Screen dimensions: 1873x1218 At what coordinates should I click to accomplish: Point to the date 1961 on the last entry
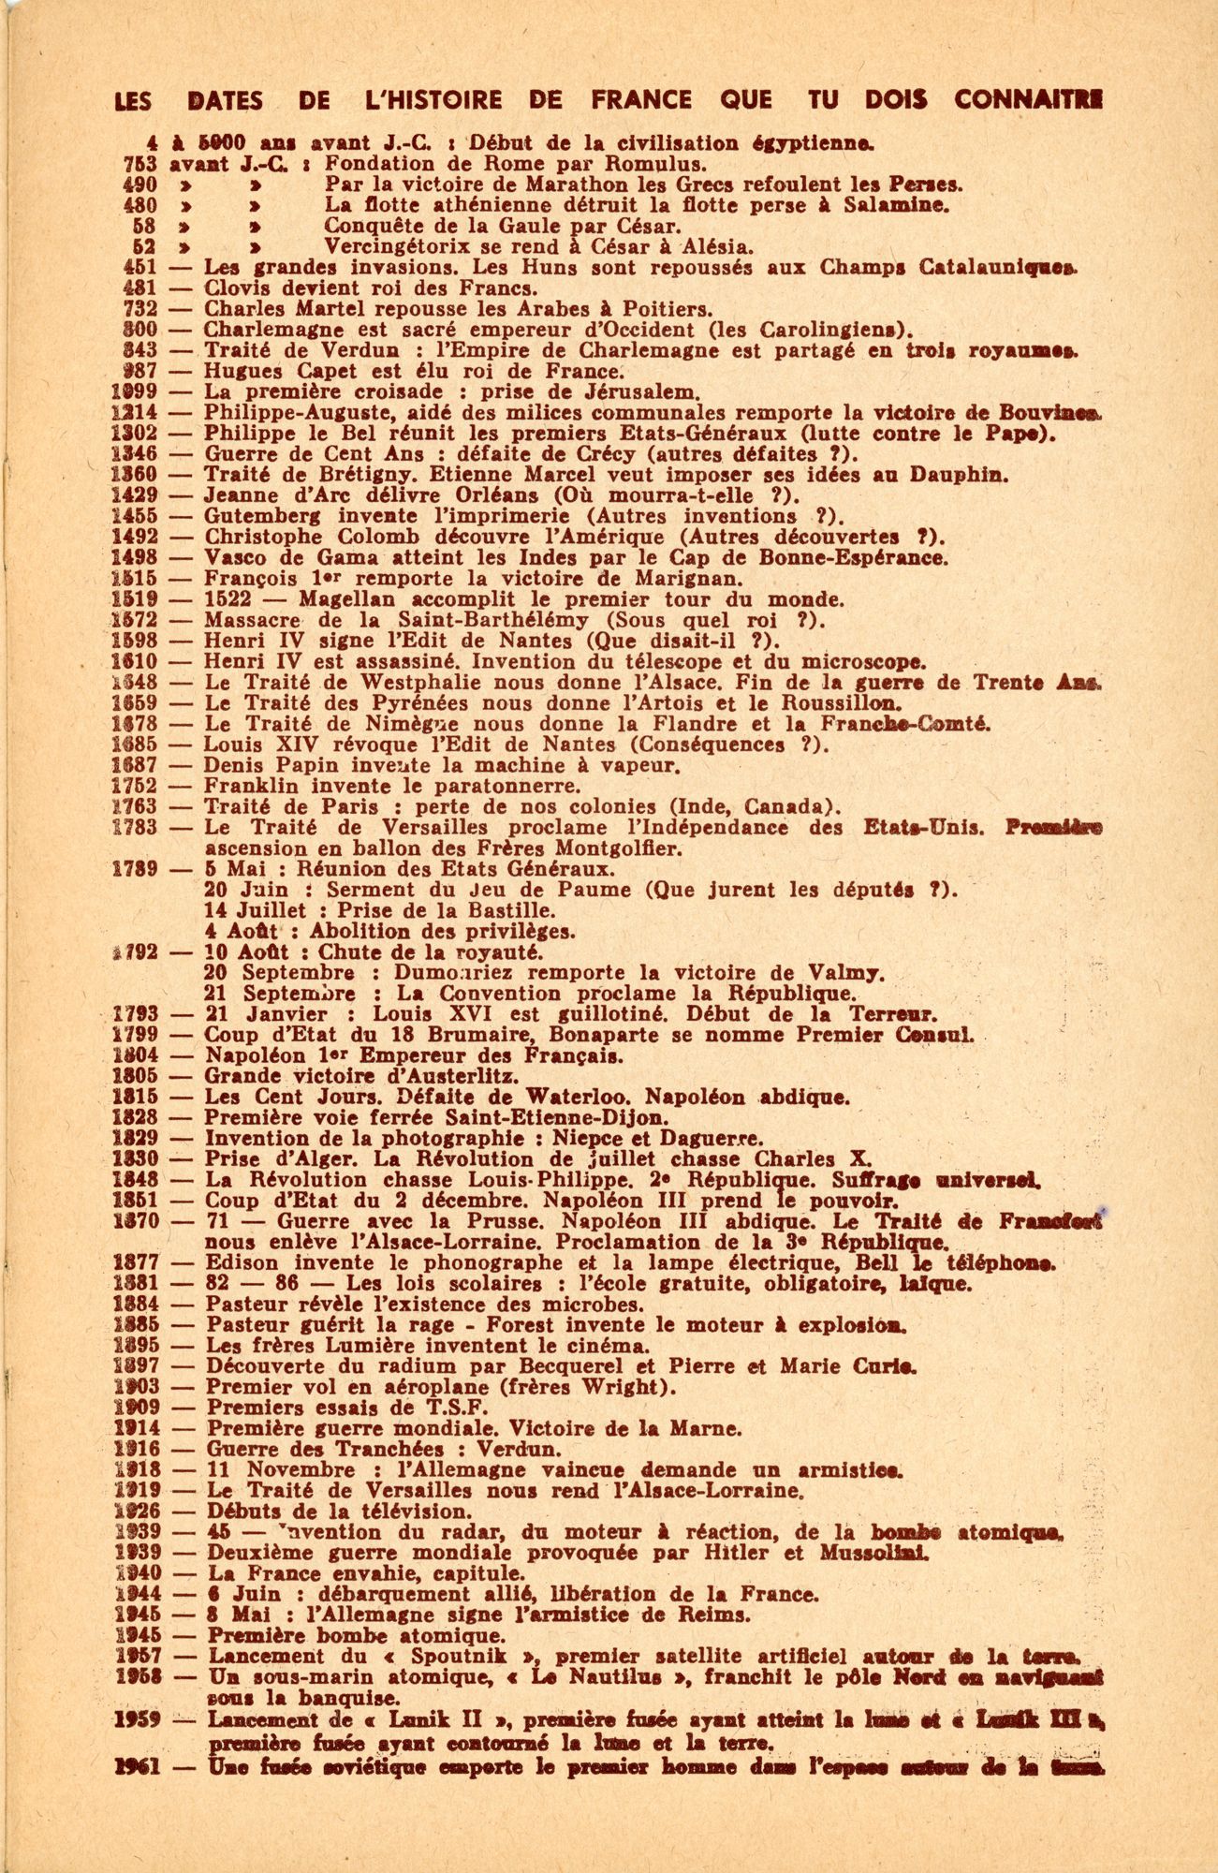[x=139, y=1768]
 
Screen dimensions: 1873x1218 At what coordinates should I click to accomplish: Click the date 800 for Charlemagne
[x=145, y=330]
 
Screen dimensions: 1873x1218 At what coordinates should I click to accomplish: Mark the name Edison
[x=236, y=1262]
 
